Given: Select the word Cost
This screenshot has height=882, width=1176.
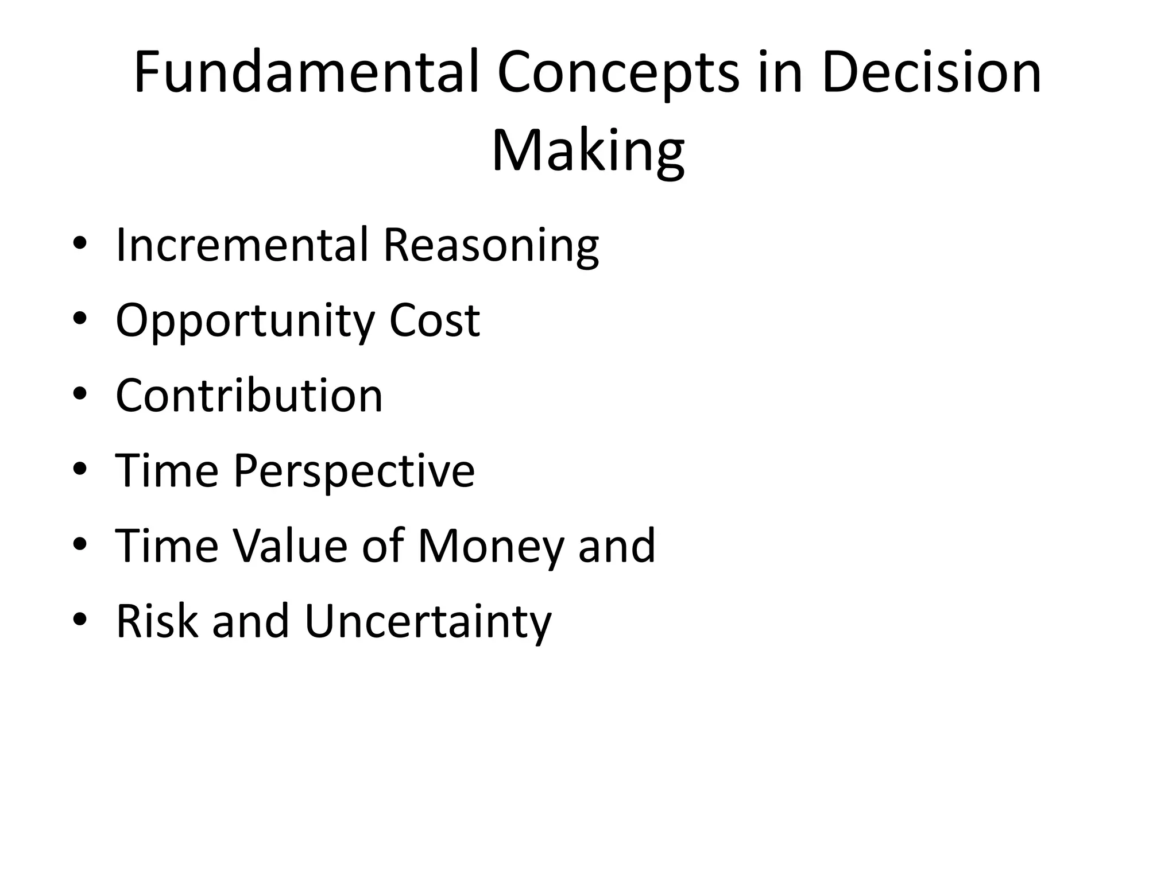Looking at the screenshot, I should point(434,320).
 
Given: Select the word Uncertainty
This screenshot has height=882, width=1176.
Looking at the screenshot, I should point(428,622).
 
